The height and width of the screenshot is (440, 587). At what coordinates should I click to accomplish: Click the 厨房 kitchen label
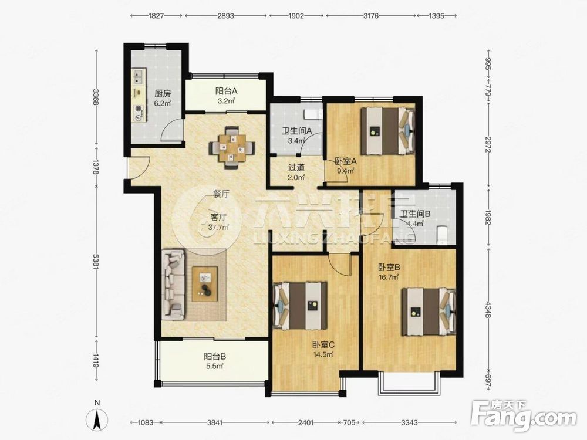click(163, 93)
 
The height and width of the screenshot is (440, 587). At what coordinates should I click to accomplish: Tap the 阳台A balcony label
click(227, 91)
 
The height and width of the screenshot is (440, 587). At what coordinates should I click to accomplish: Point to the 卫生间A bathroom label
click(297, 131)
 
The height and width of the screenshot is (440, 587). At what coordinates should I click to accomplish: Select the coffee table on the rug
click(205, 283)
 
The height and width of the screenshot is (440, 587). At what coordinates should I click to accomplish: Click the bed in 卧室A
click(388, 131)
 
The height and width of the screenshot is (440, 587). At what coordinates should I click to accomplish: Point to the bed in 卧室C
click(300, 306)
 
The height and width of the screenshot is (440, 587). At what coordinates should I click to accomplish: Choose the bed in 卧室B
click(429, 312)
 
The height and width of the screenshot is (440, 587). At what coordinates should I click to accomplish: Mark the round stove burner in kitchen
click(139, 109)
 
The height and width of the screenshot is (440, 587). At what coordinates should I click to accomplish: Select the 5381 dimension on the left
click(97, 262)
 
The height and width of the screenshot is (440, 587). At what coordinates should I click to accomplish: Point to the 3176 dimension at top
click(371, 16)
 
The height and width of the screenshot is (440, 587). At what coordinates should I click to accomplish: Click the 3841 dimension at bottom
click(215, 422)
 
